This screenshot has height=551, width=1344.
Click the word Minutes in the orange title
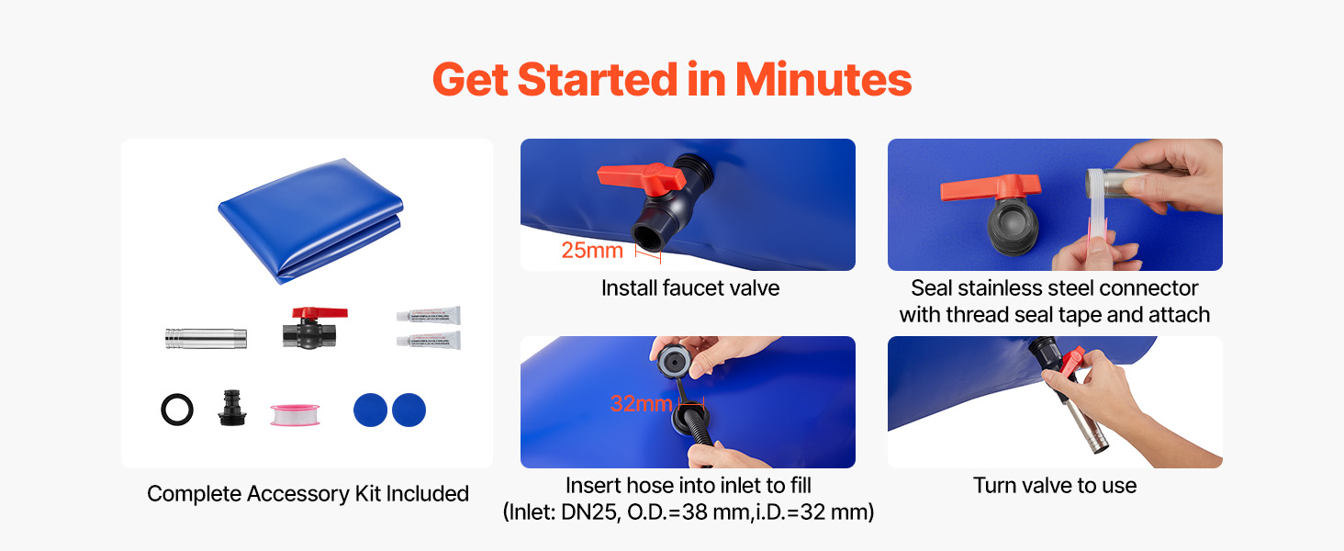(x=823, y=79)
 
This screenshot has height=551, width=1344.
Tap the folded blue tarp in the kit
(x=310, y=220)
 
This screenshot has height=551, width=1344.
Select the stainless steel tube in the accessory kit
(x=206, y=338)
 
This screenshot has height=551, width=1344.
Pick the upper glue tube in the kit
(x=429, y=315)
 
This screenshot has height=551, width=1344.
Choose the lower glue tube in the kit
(x=429, y=341)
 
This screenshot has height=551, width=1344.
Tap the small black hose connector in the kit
(x=232, y=408)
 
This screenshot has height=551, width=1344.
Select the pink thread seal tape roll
(x=295, y=414)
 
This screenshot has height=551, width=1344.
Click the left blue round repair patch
(x=370, y=410)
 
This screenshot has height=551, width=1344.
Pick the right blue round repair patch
(x=409, y=410)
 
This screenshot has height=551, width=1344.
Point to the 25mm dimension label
(x=592, y=251)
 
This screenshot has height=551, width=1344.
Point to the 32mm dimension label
(x=641, y=403)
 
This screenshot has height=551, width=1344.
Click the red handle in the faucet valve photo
(x=642, y=177)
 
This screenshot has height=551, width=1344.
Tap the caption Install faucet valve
(x=690, y=288)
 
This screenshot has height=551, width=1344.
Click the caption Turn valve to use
(x=1055, y=485)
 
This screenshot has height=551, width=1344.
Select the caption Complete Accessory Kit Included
(x=308, y=493)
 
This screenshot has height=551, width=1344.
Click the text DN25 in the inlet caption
(x=590, y=512)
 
